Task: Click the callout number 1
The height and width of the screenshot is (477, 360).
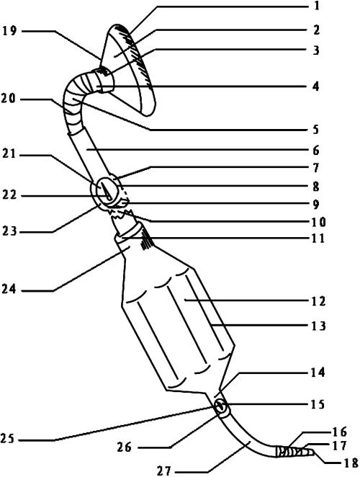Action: click(317, 6)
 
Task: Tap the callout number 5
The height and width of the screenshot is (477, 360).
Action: click(316, 130)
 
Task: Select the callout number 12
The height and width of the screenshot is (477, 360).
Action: click(318, 301)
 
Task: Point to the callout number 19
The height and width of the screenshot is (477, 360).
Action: click(9, 31)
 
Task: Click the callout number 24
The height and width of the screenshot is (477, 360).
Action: click(9, 289)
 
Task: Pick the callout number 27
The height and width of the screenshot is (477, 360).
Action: click(164, 471)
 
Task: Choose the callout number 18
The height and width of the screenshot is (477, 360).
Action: click(351, 463)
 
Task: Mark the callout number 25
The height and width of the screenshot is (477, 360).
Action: click(8, 440)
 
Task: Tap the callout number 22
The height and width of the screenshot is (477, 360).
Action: click(9, 195)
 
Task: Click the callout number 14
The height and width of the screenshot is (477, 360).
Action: click(318, 373)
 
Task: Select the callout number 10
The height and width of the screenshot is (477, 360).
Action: click(318, 223)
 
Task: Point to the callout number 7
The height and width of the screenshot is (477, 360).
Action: click(316, 168)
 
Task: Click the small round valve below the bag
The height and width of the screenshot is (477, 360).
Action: click(220, 406)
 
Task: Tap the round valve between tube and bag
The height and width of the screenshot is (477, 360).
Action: click(106, 192)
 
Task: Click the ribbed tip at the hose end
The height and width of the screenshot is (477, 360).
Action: click(294, 452)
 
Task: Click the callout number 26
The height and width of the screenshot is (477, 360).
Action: click(125, 447)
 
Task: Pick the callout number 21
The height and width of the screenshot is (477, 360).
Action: click(9, 154)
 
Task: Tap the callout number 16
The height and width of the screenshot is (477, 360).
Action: click(340, 432)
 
